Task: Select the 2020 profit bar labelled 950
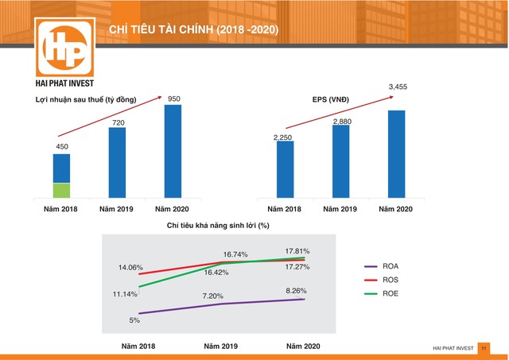173,151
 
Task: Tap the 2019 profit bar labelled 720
117,162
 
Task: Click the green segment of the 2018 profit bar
61,190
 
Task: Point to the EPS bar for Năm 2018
285,169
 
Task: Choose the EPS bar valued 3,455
397,154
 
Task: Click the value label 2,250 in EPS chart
284,137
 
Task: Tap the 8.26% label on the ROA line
295,291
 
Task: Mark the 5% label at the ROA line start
134,319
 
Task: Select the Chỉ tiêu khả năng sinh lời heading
219,226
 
